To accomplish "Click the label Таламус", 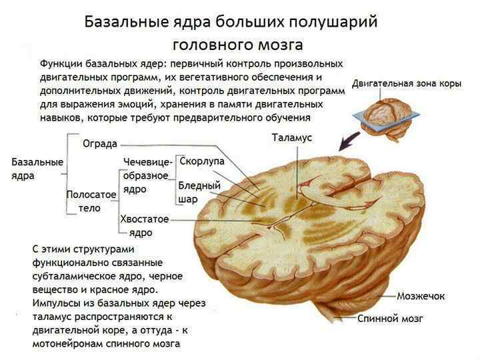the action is point(292,137).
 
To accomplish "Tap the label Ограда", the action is point(100,143).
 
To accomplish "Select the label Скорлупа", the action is point(202,162).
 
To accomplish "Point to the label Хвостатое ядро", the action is point(144,225).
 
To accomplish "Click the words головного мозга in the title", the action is point(237,45).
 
